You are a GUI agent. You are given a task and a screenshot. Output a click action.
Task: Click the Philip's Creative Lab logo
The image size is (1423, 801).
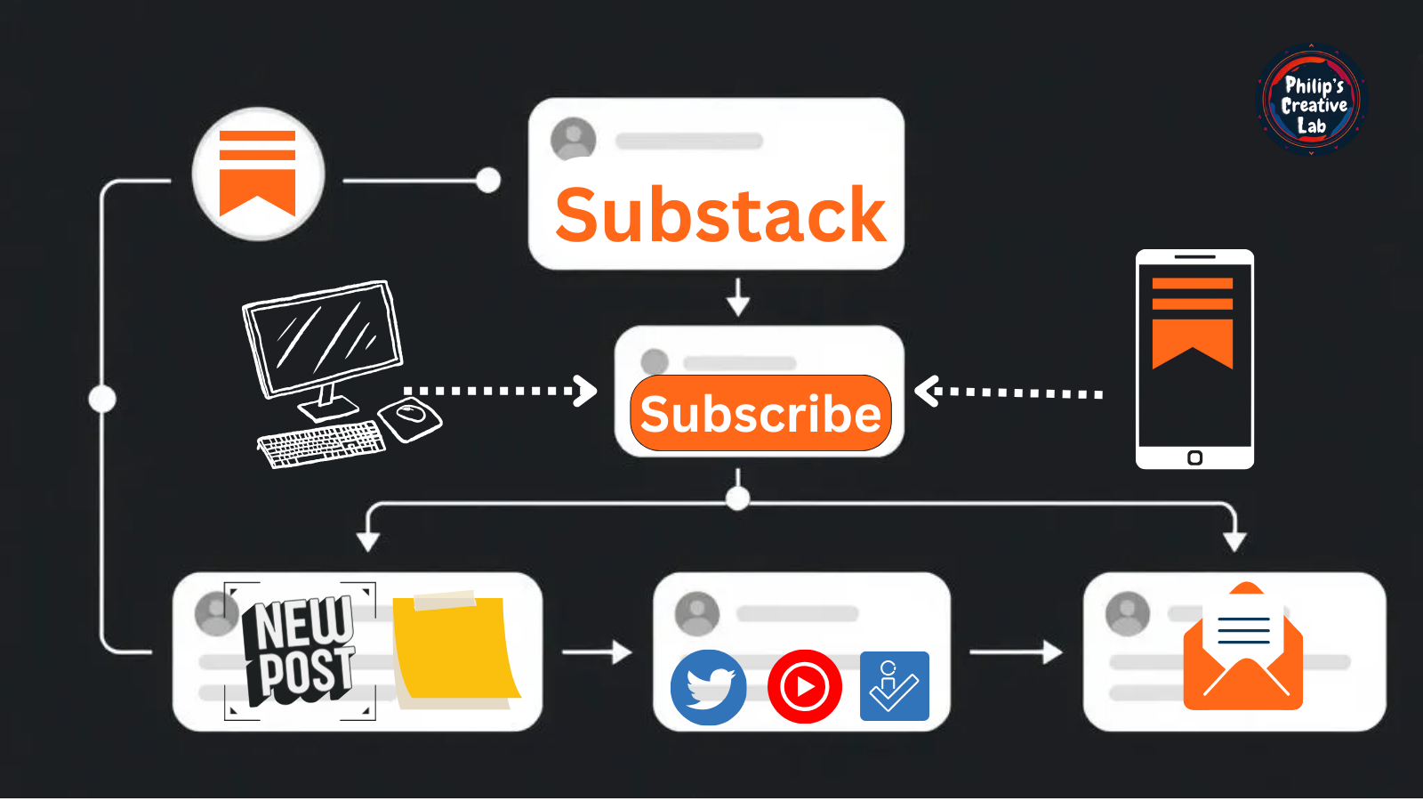(x=1312, y=101)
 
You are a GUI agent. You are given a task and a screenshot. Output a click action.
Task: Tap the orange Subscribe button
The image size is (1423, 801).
(x=760, y=414)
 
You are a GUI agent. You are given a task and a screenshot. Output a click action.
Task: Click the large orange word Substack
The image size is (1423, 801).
(x=720, y=215)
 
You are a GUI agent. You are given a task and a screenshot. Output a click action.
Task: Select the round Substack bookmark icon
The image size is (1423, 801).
(x=258, y=174)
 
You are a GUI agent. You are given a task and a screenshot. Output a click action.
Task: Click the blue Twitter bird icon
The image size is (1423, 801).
(x=709, y=687)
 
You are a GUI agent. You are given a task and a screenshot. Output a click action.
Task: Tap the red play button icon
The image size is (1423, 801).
(x=805, y=687)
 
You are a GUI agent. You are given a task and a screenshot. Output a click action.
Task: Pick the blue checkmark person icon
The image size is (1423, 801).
(x=894, y=686)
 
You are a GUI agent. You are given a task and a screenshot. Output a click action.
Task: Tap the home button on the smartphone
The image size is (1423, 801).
(x=1194, y=457)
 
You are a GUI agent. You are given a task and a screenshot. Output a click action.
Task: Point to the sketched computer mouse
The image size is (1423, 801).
(x=410, y=417)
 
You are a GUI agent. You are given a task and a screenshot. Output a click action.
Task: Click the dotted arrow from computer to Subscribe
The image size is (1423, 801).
(x=498, y=391)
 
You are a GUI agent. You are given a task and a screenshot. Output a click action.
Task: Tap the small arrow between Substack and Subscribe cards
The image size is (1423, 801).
(x=737, y=297)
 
